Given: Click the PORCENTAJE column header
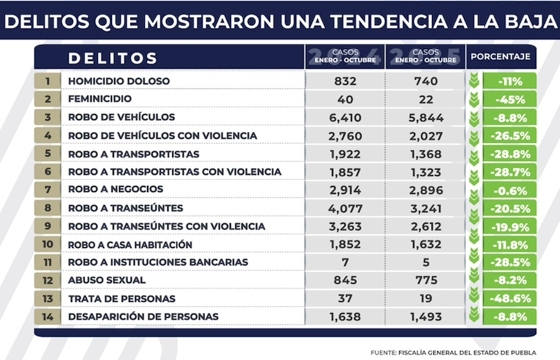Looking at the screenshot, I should [x=500, y=57].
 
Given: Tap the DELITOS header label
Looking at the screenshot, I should [x=113, y=57].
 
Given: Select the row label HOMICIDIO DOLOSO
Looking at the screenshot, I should [x=119, y=81].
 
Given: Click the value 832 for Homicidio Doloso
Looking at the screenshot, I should [x=345, y=81].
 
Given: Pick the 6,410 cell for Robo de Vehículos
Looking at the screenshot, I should [x=345, y=117].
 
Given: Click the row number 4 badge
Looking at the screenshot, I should [x=47, y=135].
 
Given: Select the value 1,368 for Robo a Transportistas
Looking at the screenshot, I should [x=426, y=153].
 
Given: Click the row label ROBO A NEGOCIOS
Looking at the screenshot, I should [x=115, y=190].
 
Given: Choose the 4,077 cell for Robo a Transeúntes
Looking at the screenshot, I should [x=345, y=208].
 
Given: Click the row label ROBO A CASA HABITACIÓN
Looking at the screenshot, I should [x=130, y=244].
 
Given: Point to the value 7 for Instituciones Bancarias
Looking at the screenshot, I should [x=345, y=263].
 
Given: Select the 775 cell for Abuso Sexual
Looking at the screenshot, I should [x=426, y=280].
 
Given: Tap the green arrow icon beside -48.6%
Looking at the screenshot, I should [x=477, y=298].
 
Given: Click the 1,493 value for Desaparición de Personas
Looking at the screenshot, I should [x=426, y=317].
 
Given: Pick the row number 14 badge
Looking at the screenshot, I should [x=47, y=317].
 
